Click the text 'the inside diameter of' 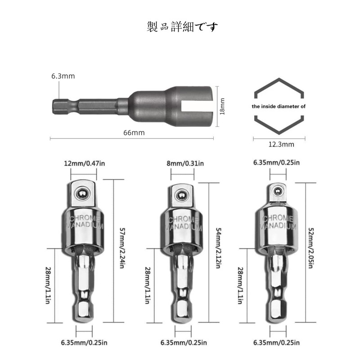(x=279, y=107)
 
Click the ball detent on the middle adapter (x=182, y=196)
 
